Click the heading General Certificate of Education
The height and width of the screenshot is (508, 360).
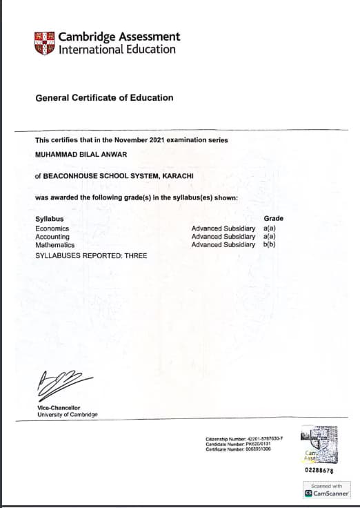tap(104, 98)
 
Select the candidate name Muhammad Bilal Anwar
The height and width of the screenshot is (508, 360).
tap(76, 153)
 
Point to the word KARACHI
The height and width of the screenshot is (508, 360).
tap(177, 176)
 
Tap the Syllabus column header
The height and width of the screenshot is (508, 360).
tap(48, 219)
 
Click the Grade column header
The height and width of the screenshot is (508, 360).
tap(273, 219)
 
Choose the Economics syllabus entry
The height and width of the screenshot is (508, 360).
tap(52, 228)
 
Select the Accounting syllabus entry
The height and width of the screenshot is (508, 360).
tap(52, 237)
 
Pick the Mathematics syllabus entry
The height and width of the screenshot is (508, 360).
tap(54, 245)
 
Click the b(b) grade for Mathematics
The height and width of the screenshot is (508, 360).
tap(270, 245)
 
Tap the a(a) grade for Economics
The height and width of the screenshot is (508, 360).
tap(270, 228)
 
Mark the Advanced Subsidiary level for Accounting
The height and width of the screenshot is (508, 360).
tap(223, 237)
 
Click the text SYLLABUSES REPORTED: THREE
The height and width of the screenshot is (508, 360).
tap(91, 256)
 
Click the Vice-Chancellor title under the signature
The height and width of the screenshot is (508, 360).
tap(59, 408)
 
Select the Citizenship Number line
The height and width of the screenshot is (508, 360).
tap(244, 439)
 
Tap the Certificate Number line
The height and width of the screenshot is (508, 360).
tap(238, 449)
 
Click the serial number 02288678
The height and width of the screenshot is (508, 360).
tap(319, 471)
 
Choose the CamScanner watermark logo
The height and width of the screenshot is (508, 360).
tap(326, 494)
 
